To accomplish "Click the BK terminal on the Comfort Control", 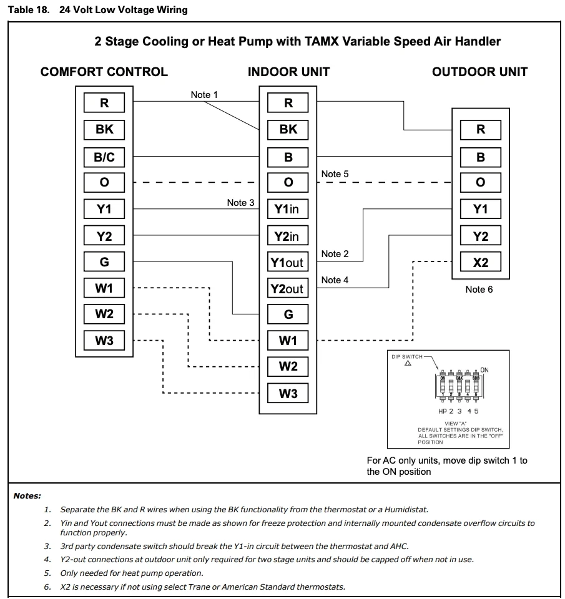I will point(104,129).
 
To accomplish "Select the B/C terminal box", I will point(104,157).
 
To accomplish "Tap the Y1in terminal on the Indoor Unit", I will point(288,209).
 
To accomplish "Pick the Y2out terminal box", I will point(288,288).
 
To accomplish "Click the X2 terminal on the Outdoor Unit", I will point(480,263).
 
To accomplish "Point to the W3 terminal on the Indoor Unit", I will point(288,394).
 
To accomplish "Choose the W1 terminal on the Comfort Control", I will point(104,288).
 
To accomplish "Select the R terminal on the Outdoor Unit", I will point(480,130).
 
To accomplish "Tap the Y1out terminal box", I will point(288,262).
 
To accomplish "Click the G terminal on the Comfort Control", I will point(104,261).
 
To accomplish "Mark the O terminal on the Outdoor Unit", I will point(480,183).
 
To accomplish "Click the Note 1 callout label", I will point(204,95).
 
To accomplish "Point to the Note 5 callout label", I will point(335,174).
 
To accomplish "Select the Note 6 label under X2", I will point(479,290).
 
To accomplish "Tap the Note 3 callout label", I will point(240,202).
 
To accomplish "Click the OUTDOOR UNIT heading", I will point(479,72).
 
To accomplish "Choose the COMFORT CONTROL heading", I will point(104,72).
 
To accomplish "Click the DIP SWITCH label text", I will point(406,357).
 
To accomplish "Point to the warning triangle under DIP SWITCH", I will point(408,364).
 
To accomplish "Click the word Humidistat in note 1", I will point(405,509).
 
